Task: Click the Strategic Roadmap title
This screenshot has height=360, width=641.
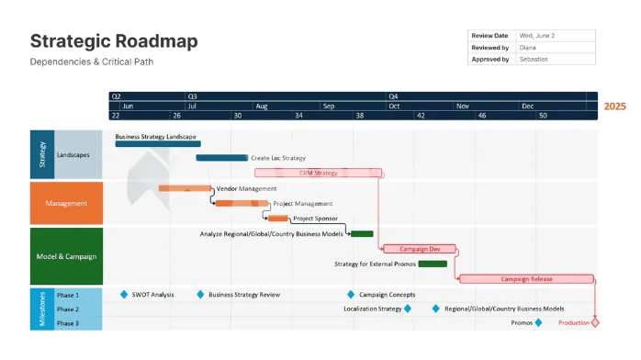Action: pos(114,41)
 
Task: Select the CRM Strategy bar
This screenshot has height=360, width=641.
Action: pos(318,173)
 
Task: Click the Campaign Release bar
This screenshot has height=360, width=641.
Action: pos(526,278)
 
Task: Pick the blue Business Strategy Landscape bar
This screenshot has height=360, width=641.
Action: pos(157,144)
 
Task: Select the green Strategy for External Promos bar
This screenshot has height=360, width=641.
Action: pos(433,264)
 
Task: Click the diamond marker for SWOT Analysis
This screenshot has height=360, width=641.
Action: pos(124,295)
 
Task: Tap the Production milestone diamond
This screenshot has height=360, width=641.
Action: pos(595,322)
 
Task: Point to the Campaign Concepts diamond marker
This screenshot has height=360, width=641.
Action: pos(351,295)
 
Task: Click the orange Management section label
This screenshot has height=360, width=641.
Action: pos(66,204)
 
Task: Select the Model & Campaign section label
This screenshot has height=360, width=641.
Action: pos(66,256)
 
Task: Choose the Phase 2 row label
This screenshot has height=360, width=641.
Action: pos(68,309)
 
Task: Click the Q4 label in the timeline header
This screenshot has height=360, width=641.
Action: pos(393,96)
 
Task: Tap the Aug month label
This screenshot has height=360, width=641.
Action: pos(262,106)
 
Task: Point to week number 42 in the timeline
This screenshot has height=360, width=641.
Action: pos(420,116)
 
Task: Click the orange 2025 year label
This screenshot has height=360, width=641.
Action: pos(614,107)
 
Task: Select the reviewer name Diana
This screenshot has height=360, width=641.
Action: pos(528,47)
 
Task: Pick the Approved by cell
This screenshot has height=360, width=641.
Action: pos(491,59)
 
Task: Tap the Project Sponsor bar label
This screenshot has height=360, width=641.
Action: pos(315,219)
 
